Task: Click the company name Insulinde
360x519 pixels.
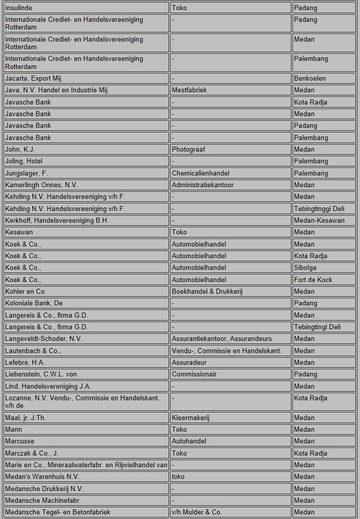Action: tap(18, 8)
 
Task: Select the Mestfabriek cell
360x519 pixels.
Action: tap(189, 90)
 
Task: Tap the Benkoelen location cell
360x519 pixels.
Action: tap(310, 79)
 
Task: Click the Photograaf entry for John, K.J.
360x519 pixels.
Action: tap(188, 150)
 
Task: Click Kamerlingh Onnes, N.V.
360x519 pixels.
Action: tap(41, 185)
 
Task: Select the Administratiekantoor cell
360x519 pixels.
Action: tap(203, 185)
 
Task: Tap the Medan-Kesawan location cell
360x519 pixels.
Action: tap(319, 221)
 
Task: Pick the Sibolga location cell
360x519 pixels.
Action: tap(305, 268)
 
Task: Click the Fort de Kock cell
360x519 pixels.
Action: tap(313, 280)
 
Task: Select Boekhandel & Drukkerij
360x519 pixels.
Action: tap(208, 292)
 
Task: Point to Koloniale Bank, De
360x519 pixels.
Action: tap(34, 303)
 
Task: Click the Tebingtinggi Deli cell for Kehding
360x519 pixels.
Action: tap(319, 209)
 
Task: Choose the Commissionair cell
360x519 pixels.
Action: tap(194, 374)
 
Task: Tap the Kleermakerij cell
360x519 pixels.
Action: tap(190, 418)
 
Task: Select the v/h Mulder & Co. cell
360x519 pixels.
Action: tap(197, 512)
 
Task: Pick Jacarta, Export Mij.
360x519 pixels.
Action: tap(34, 79)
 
